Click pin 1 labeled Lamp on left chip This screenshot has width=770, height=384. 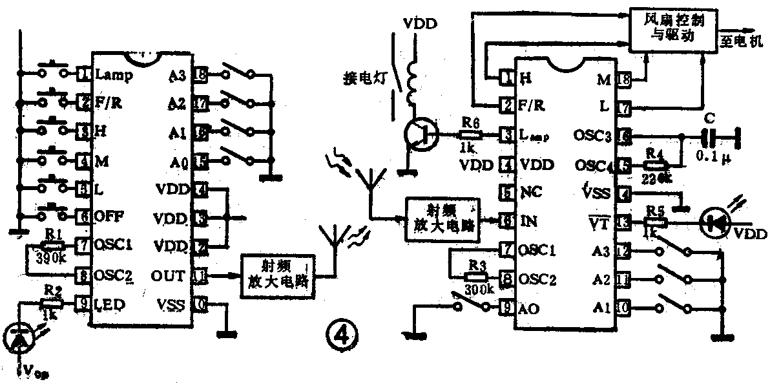click(83, 74)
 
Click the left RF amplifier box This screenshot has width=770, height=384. click(276, 276)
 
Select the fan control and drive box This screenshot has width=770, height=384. click(672, 28)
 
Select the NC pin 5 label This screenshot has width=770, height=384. click(530, 193)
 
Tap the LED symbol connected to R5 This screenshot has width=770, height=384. click(718, 222)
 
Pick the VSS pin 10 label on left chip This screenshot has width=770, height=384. click(171, 304)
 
